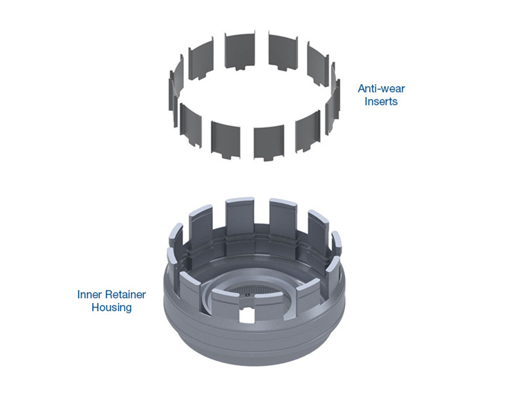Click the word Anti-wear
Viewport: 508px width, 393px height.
click(381, 89)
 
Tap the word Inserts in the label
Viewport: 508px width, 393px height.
click(381, 102)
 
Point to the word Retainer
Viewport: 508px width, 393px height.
click(125, 295)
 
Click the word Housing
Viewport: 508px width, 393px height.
click(112, 307)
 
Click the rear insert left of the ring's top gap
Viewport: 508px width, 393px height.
click(239, 51)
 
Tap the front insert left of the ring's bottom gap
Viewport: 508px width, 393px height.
click(225, 140)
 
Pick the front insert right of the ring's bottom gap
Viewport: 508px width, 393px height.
click(269, 142)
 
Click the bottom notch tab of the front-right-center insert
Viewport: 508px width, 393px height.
click(268, 158)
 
